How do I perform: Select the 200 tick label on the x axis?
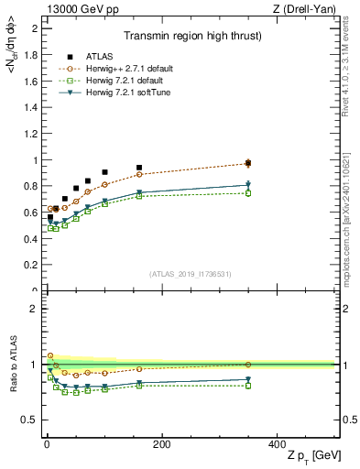[161, 443]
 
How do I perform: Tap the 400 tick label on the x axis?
[277, 443]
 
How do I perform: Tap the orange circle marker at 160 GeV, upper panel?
[139, 174]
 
